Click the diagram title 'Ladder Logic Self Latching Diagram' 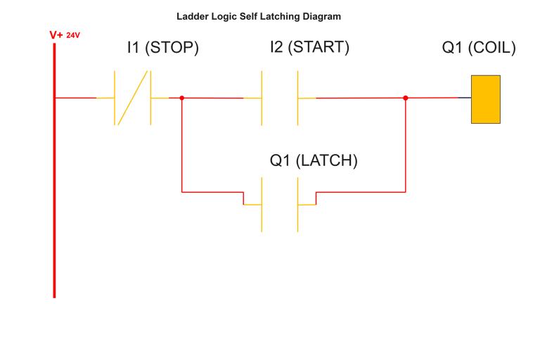click(258, 16)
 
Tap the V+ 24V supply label click(65, 34)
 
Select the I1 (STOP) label click(163, 49)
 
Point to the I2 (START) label click(309, 48)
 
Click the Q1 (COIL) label click(479, 49)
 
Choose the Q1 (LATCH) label click(314, 161)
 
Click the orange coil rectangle click(486, 99)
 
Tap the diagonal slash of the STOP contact click(133, 98)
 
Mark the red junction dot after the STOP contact click(182, 98)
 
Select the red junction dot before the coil click(405, 98)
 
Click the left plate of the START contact click(262, 97)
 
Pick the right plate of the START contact click(298, 97)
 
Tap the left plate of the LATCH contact click(262, 205)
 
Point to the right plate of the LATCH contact click(298, 205)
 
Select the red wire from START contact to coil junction click(359, 98)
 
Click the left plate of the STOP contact click(115, 98)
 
